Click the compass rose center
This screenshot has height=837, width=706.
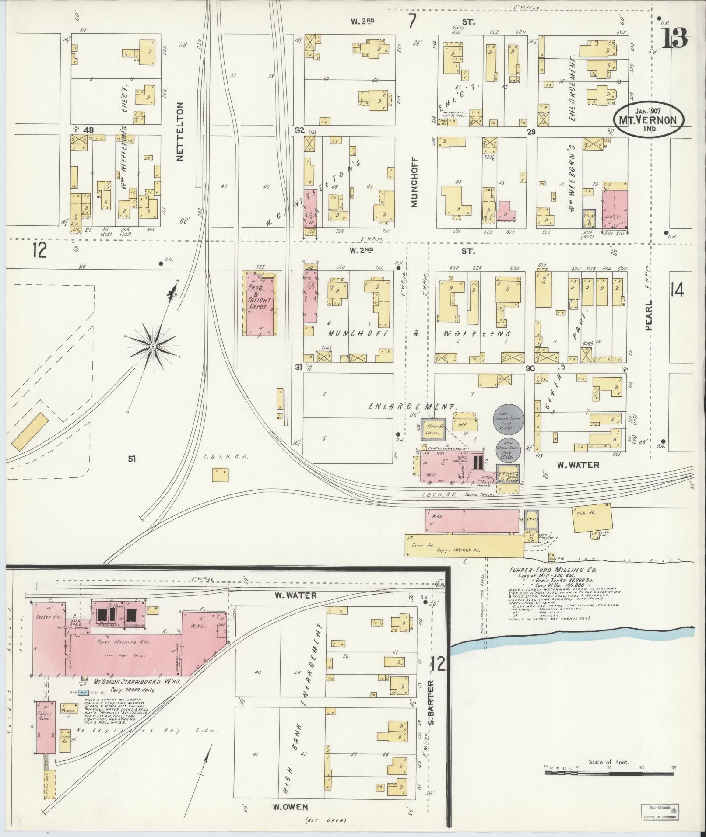click(153, 347)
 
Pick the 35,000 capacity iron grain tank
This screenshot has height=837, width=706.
click(507, 449)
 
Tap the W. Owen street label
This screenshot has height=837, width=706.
click(291, 807)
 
